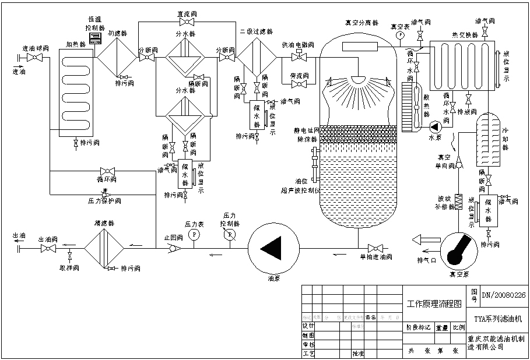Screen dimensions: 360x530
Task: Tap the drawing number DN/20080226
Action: [x=503, y=295]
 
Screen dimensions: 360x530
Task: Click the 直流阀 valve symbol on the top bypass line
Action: [x=187, y=22]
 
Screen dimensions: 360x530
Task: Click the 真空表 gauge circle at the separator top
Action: [x=401, y=35]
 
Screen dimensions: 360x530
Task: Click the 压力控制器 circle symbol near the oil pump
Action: [x=230, y=234]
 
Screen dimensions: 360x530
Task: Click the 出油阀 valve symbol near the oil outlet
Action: [x=47, y=248]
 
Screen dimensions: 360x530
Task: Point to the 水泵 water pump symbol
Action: [x=434, y=126]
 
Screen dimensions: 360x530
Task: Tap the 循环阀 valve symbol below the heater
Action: [x=107, y=171]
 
